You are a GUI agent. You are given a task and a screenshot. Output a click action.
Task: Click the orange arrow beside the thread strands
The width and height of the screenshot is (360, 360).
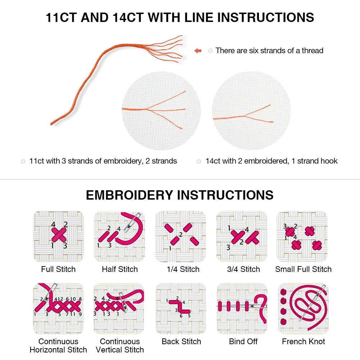point(198,51)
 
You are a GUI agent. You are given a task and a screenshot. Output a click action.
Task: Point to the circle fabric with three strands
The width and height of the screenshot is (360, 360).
point(161,110)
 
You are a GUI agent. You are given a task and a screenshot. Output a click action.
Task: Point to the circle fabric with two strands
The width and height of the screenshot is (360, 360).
point(251,110)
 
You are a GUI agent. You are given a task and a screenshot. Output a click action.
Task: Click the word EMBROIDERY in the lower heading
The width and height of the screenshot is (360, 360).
point(130,195)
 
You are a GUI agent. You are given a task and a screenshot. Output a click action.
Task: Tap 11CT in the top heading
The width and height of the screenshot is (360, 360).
point(61,17)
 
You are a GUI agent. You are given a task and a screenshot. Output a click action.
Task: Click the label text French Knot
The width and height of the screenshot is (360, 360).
point(303,341)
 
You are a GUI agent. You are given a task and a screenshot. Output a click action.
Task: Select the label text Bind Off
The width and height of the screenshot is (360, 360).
point(243,341)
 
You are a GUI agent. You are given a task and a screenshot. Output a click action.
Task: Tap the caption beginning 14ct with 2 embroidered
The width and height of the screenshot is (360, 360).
point(271,161)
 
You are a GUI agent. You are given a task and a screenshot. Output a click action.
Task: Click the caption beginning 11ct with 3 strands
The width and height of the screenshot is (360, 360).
point(103,161)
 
